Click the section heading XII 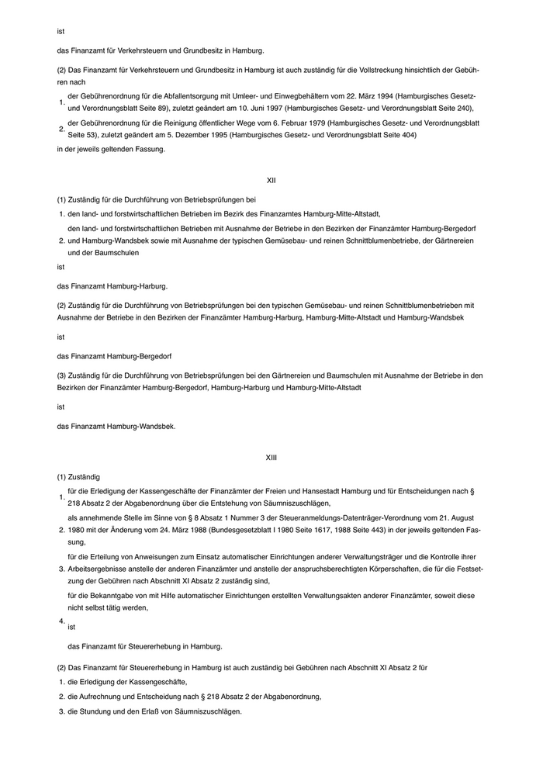pyautogui.click(x=271, y=180)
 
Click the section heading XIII pyautogui.click(x=271, y=458)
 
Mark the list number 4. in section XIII pyautogui.click(x=61, y=621)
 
